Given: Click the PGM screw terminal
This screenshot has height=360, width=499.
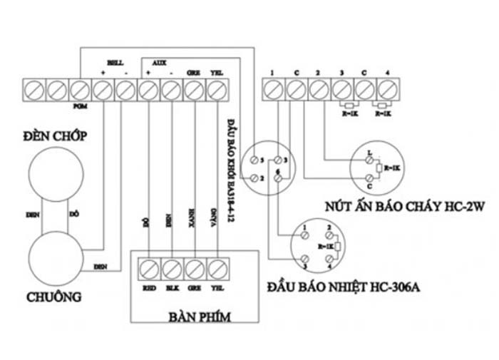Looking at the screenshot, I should [79, 90].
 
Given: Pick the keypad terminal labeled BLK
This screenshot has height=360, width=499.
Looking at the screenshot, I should [171, 268].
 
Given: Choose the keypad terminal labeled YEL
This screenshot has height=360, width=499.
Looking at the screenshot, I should [217, 268].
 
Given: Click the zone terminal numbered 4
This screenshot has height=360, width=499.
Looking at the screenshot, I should [387, 90].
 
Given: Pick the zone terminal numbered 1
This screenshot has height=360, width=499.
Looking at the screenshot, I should [272, 90].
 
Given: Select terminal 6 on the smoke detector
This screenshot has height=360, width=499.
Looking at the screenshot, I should [275, 173].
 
